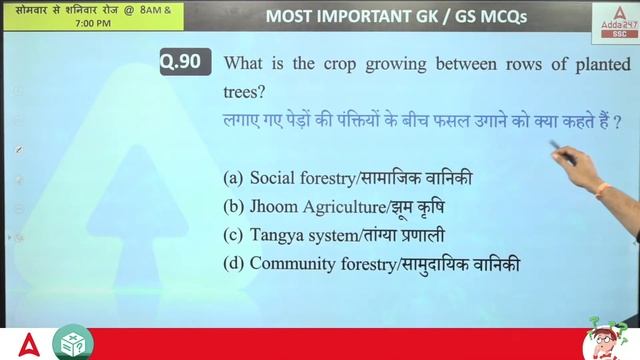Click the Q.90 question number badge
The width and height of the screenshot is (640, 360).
[185, 62]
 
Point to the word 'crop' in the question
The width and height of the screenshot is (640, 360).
[341, 64]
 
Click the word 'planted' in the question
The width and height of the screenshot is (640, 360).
[599, 64]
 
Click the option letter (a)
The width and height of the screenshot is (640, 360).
[233, 178]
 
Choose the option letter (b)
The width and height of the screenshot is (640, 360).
[233, 207]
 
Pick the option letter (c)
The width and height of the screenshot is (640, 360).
[233, 236]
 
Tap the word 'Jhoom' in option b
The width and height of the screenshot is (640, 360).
[273, 207]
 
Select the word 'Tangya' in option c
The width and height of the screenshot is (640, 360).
[276, 236]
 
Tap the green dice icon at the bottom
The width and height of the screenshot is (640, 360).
[71, 342]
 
